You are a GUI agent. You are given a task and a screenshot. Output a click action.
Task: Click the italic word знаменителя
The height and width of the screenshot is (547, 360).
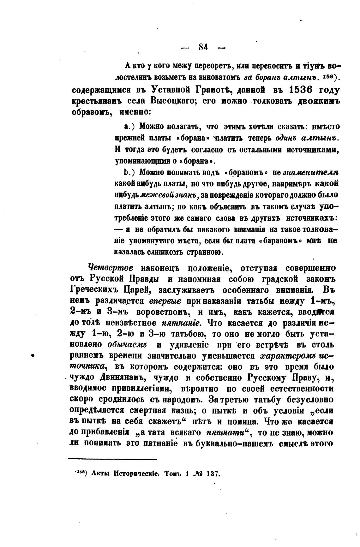tap(311, 172)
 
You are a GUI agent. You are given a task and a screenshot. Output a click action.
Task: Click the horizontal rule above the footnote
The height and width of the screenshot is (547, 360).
tap(113, 459)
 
